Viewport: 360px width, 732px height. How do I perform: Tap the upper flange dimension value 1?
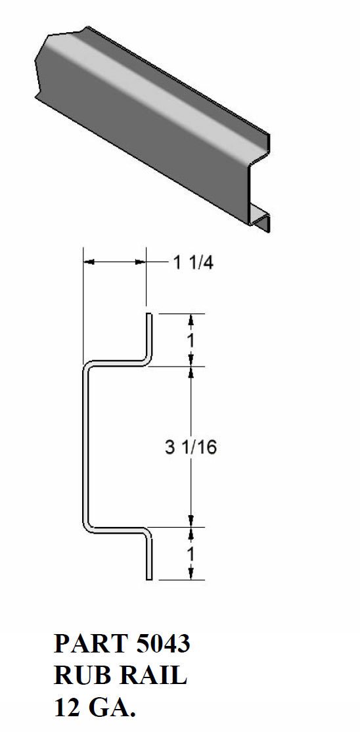pyautogui.click(x=191, y=340)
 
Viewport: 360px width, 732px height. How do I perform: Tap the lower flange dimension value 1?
pyautogui.click(x=191, y=554)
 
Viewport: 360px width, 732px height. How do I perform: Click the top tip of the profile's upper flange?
pyautogui.click(x=150, y=315)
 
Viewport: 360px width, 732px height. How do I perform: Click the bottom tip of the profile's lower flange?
pyautogui.click(x=150, y=578)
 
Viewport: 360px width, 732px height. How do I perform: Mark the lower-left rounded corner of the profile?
pyautogui.click(x=86, y=525)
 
